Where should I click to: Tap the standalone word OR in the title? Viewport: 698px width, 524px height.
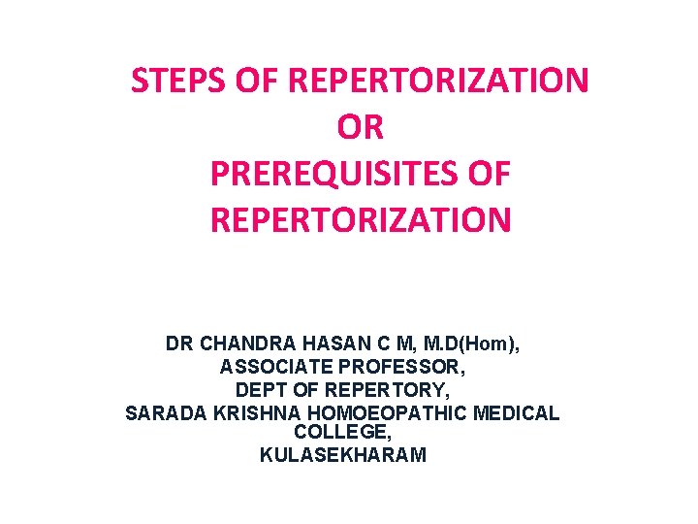coord(360,127)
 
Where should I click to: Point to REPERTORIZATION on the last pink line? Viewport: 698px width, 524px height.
coord(360,220)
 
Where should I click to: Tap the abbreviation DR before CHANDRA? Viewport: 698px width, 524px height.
coord(178,344)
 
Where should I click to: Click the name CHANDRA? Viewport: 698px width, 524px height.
coord(238,344)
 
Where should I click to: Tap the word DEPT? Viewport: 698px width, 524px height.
coord(260,391)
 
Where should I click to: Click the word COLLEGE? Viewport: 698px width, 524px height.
coord(342,434)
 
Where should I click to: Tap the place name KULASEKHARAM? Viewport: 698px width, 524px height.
coord(343,455)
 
